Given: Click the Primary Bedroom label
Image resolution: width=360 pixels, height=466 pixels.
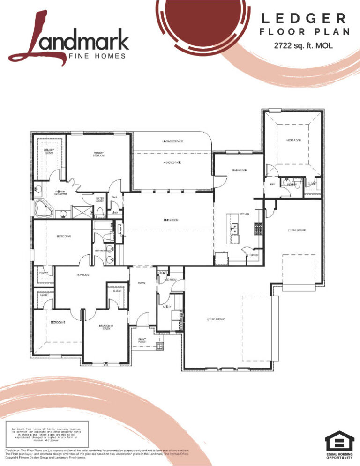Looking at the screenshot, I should (98, 154).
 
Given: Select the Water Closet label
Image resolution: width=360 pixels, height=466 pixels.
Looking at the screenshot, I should (99, 200).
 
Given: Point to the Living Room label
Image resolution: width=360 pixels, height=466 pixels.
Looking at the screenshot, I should (171, 220).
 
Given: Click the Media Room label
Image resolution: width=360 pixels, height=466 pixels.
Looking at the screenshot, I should (293, 141).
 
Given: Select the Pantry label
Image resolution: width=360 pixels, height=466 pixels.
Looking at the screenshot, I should (254, 255).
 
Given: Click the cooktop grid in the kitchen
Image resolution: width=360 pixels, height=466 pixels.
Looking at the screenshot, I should (257, 228).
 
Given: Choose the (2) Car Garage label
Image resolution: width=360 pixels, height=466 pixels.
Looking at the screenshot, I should (216, 319).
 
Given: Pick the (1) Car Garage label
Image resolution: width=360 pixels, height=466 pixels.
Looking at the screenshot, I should (297, 230).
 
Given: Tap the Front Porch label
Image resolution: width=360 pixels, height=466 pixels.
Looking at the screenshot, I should (142, 340).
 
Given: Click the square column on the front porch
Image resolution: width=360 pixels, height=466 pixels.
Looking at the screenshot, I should (161, 347).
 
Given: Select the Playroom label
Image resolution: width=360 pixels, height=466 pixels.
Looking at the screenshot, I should (83, 275).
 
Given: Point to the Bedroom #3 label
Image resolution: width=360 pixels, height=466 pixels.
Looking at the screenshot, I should (57, 323).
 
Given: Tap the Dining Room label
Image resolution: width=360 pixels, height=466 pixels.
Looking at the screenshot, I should (239, 170).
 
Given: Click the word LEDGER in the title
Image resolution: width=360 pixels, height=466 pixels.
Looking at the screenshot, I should (304, 19).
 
